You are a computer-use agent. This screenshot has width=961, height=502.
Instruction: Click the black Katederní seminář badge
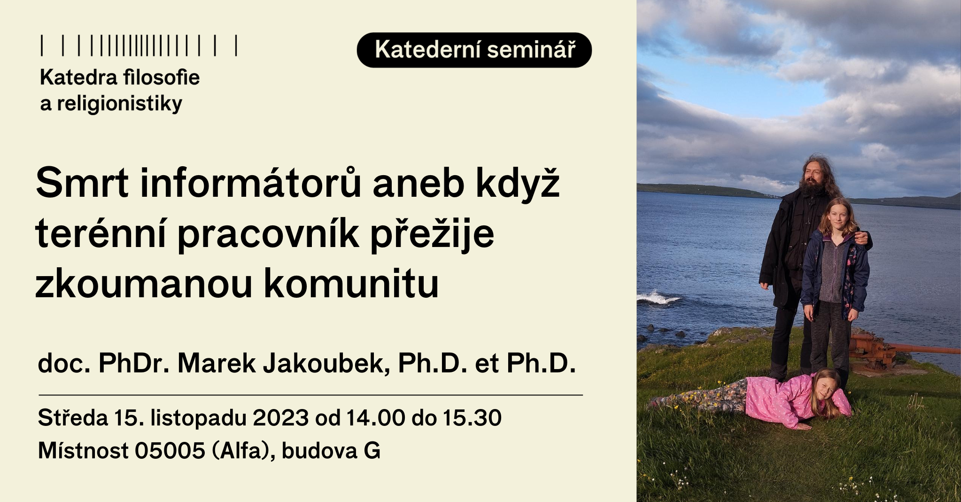(x=474, y=50)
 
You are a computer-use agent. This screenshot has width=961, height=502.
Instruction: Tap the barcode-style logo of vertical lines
(x=139, y=46)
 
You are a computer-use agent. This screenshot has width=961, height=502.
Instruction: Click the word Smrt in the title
(x=82, y=183)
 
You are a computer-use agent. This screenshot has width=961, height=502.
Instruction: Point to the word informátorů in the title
(x=251, y=183)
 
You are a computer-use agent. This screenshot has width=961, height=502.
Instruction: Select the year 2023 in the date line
(x=280, y=417)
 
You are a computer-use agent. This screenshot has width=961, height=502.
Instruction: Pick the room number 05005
(x=170, y=451)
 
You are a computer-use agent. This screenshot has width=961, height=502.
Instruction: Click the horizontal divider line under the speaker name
(x=310, y=395)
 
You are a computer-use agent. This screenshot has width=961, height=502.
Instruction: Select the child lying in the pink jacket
(x=752, y=398)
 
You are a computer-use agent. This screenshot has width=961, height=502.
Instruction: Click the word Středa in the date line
(x=73, y=417)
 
